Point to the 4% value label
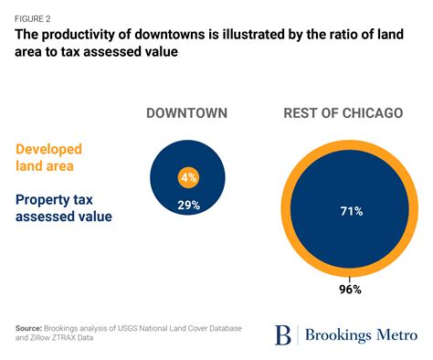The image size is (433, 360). [189, 177]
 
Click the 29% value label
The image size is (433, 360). [189, 205]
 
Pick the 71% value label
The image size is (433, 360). [352, 211]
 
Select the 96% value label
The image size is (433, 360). [351, 289]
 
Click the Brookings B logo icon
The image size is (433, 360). [283, 334]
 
